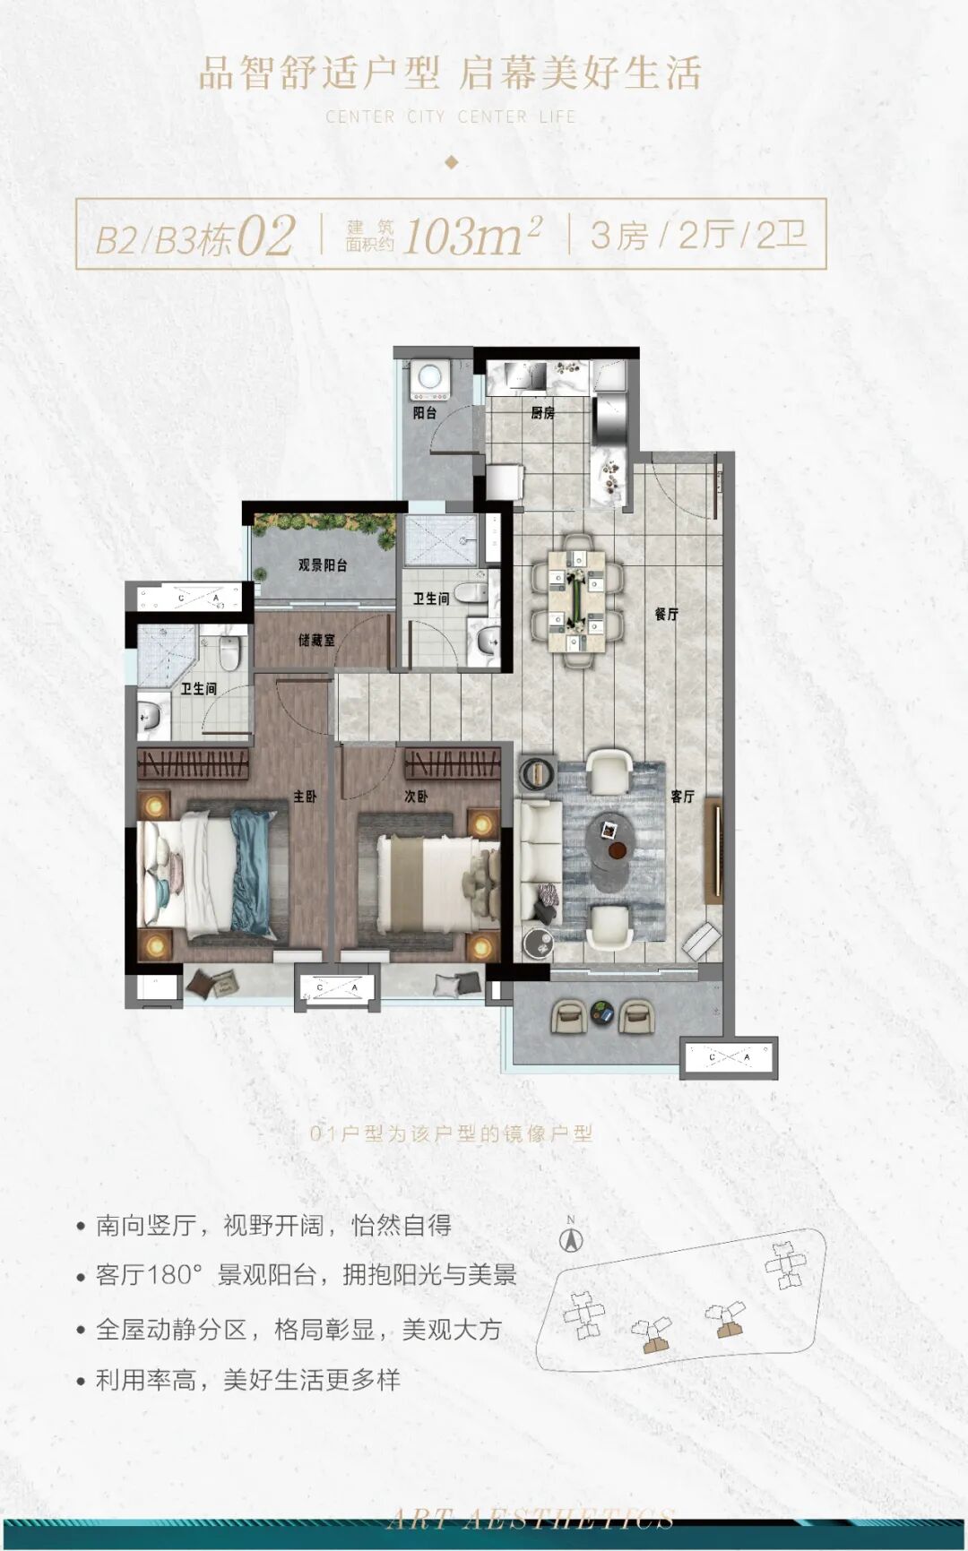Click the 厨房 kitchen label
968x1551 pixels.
pyautogui.click(x=542, y=413)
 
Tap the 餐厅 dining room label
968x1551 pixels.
pyautogui.click(x=666, y=615)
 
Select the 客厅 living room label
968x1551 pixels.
pyautogui.click(x=682, y=796)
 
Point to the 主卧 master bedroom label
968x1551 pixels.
pyautogui.click(x=305, y=796)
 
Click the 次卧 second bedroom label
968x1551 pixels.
pyautogui.click(x=416, y=796)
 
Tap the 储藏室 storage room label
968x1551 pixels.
pyautogui.click(x=316, y=641)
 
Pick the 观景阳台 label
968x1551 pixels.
pyautogui.click(x=323, y=565)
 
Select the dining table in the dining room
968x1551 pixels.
pyautogui.click(x=577, y=601)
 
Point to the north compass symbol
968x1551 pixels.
pyautogui.click(x=571, y=1239)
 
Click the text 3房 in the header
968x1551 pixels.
pyautogui.click(x=618, y=236)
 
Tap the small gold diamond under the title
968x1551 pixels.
pyautogui.click(x=452, y=162)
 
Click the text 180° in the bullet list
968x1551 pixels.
pyautogui.click(x=171, y=1274)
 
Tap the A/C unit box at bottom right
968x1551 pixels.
pyautogui.click(x=729, y=1058)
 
